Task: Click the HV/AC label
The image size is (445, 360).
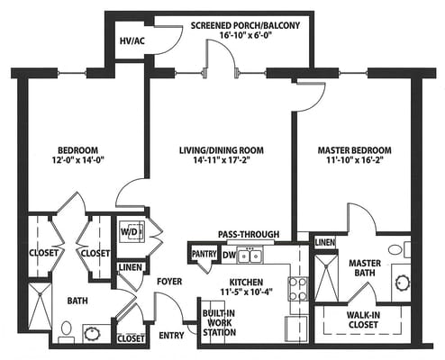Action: [132, 40]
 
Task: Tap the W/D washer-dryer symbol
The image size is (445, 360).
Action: [132, 232]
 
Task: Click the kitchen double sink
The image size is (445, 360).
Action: [250, 255]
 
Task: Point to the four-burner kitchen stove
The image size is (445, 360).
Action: [298, 289]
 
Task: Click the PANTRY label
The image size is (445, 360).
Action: [204, 254]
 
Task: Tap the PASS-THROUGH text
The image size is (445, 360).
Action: [249, 234]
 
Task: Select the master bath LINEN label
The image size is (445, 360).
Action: [325, 242]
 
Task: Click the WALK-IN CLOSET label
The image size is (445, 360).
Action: [363, 319]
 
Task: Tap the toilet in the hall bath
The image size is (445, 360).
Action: [66, 332]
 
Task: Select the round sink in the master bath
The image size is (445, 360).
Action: [403, 283]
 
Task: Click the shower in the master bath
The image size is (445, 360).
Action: [325, 278]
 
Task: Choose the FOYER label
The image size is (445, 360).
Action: [169, 282]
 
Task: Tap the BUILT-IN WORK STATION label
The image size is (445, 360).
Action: [219, 323]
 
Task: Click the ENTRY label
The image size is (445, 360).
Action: [171, 335]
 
